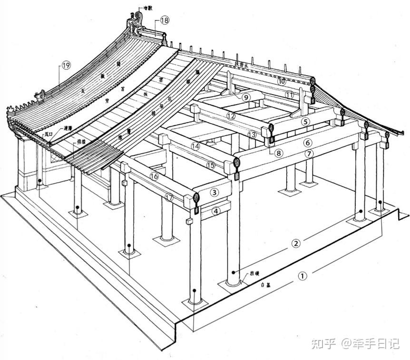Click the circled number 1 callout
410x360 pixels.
point(303,275)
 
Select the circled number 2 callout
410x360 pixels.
point(295,243)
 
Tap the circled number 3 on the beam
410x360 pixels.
point(215,193)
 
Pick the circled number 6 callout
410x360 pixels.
point(308,142)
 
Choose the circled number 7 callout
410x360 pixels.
point(309,154)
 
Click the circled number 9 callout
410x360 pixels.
point(245,97)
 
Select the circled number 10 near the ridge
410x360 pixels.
point(282,81)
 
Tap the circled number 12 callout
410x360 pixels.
point(231,116)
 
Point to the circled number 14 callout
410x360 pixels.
point(195,146)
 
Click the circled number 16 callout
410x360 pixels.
point(154,176)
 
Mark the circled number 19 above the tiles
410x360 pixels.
point(66,66)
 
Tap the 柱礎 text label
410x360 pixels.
point(255,274)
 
